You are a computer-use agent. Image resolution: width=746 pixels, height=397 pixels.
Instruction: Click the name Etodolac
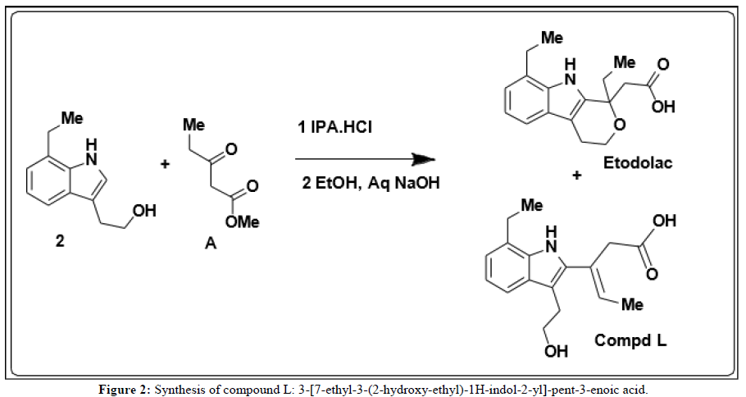click(637, 163)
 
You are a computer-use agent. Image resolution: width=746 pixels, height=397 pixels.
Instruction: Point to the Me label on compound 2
click(72, 119)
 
